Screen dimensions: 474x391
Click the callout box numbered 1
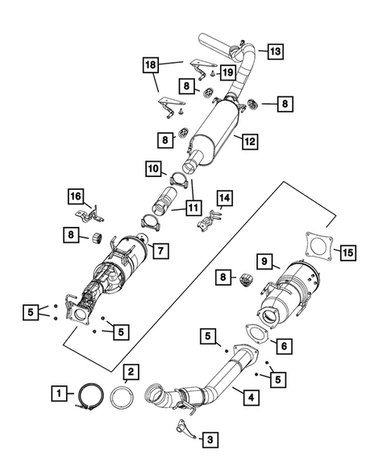tap(59, 394)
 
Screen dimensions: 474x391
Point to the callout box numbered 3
tap(209, 439)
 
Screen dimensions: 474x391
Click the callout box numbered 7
tap(160, 251)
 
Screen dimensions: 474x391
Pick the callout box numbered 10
tap(152, 169)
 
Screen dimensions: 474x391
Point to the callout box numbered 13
tap(275, 52)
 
